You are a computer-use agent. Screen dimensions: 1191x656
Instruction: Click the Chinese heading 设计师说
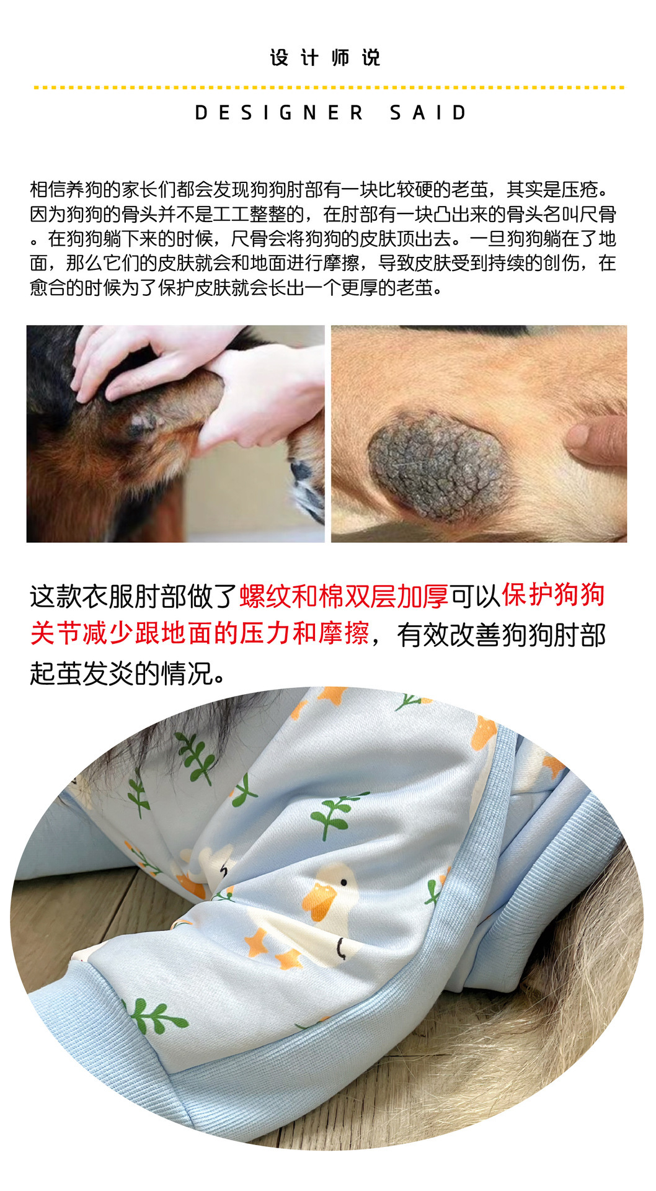tap(325, 58)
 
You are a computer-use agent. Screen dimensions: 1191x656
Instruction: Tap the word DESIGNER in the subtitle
tap(278, 113)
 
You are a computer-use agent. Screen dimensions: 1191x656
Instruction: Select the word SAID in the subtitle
tap(428, 113)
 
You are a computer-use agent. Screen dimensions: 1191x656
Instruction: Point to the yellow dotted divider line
tap(329, 87)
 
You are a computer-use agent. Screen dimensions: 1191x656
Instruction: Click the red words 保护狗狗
tap(553, 595)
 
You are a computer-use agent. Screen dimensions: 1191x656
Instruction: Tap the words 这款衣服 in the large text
tap(81, 597)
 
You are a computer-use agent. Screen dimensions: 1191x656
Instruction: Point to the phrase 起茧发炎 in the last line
tap(81, 673)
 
